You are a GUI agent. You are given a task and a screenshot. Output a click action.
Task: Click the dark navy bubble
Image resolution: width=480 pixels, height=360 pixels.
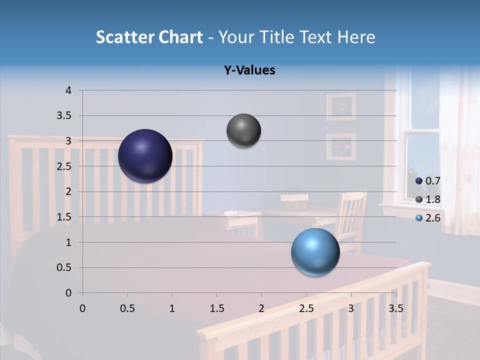pyautogui.click(x=145, y=156)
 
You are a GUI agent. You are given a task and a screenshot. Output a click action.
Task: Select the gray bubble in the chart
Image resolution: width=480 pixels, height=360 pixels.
pyautogui.click(x=243, y=131)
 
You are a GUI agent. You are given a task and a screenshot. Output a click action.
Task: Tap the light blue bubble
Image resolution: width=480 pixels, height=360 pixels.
pyautogui.click(x=315, y=252)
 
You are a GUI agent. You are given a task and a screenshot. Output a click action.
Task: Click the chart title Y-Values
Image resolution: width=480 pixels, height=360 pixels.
pyautogui.click(x=249, y=70)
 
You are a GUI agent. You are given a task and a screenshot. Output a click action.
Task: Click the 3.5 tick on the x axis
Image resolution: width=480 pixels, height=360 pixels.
pyautogui.click(x=395, y=308)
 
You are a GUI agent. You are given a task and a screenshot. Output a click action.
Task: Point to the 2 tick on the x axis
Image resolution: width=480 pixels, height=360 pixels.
pyautogui.click(x=261, y=308)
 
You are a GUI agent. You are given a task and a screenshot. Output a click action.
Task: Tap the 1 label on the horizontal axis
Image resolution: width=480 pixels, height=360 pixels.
pyautogui.click(x=172, y=308)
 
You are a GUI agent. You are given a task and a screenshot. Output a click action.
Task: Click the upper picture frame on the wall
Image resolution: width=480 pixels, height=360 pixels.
pyautogui.click(x=341, y=106)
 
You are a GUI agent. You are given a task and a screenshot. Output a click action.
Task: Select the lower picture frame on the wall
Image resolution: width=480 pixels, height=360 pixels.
pyautogui.click(x=341, y=146)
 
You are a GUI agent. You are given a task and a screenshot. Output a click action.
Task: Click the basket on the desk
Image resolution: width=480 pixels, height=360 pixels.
pyautogui.click(x=294, y=202)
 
